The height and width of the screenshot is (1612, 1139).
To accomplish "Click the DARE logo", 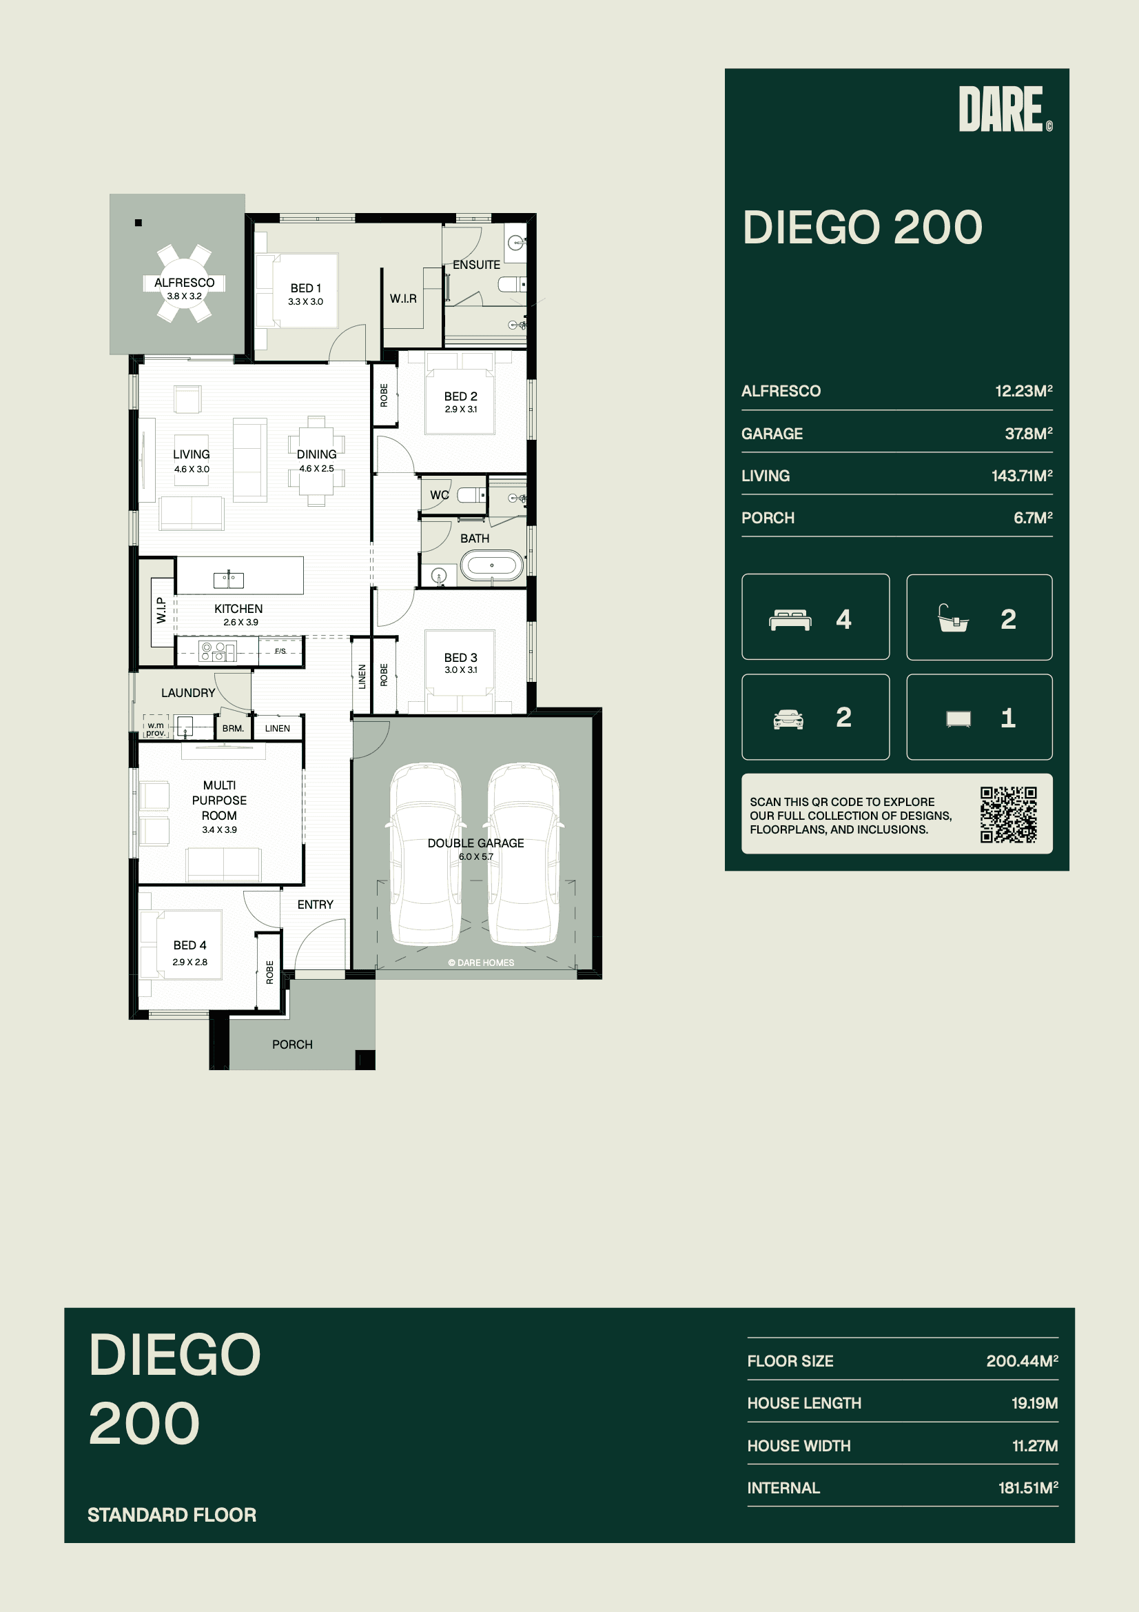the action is pos(1005,109).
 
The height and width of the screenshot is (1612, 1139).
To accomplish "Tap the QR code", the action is pos(1009,814).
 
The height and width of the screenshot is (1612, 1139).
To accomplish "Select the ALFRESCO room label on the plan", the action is pos(185,282).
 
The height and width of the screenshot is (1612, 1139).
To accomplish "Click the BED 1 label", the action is pos(305,288).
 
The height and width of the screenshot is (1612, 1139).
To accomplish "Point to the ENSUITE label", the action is pos(477,265).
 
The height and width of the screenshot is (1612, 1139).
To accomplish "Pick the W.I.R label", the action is pos(404,299).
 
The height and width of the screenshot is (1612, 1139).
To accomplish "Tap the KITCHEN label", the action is pos(238,609).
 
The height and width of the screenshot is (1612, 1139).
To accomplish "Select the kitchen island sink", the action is pos(229,579).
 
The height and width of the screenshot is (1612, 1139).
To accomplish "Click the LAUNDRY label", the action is pos(188,693).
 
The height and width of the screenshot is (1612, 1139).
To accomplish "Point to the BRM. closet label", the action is pos(233,729).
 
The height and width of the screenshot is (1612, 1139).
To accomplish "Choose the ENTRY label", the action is pos(315,905).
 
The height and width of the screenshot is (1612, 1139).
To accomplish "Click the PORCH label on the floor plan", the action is pos(293,1045).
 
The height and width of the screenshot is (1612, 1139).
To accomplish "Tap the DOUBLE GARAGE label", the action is pos(476,843).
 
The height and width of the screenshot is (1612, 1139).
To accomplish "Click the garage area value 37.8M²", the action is pos(1028,433).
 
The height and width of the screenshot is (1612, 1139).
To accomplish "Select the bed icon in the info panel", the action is pos(790,620).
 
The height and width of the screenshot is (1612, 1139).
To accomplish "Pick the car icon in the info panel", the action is pos(788,719).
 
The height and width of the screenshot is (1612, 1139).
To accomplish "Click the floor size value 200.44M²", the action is pos(1022,1360).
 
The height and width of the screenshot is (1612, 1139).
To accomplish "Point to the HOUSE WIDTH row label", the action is pos(799,1446).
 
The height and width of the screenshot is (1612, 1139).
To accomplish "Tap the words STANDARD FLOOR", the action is pos(172,1514).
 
